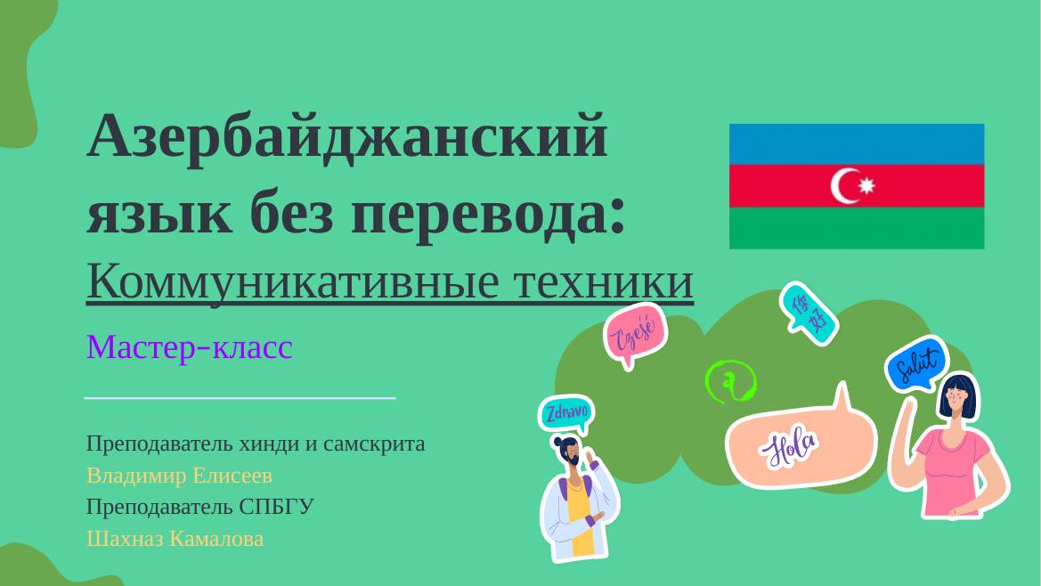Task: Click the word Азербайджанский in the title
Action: tap(347, 138)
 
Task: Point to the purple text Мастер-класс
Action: tap(189, 346)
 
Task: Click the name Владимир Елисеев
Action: tap(179, 475)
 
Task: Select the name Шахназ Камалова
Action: tap(175, 539)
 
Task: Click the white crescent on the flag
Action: tap(845, 185)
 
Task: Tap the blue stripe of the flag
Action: tap(856, 143)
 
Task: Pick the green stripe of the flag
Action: tap(856, 228)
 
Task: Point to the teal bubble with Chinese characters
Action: tap(808, 313)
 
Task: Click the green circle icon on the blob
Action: tap(730, 383)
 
